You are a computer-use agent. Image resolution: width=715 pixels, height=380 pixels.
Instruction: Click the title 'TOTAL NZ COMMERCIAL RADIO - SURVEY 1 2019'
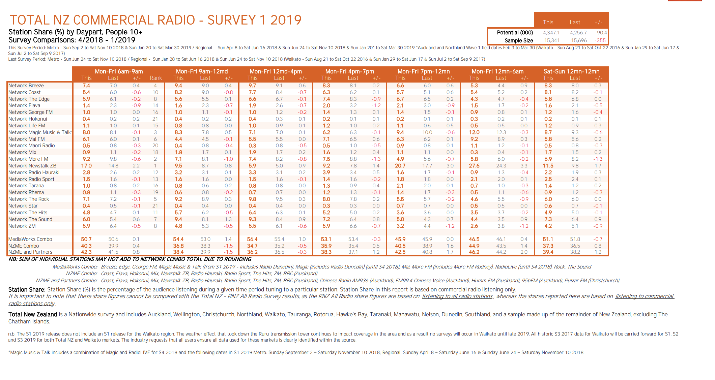pyautogui.click(x=155, y=20)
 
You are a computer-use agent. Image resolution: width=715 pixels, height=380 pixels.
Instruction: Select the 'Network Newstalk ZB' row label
pyautogui.click(x=32, y=166)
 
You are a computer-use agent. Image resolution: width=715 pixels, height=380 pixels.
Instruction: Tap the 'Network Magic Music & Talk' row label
pyautogui.click(x=39, y=132)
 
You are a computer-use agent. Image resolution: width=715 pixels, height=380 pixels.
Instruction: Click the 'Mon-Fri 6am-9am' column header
pyautogui.click(x=119, y=71)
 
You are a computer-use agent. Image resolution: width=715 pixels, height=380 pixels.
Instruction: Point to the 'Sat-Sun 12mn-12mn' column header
pyautogui.click(x=572, y=71)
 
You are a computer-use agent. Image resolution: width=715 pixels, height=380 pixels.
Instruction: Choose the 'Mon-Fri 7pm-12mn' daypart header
pyautogui.click(x=424, y=71)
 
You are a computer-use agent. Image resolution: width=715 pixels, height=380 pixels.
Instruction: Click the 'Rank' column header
pyautogui.click(x=156, y=78)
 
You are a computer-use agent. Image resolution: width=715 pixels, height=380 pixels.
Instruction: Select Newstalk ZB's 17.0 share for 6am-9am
pyautogui.click(x=86, y=166)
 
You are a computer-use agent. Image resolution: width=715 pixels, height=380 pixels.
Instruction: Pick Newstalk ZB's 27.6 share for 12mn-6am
pyautogui.click(x=474, y=166)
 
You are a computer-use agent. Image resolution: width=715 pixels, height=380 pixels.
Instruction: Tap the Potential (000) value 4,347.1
pyautogui.click(x=551, y=33)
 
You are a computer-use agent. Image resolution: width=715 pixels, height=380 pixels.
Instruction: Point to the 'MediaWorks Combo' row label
pyautogui.click(x=30, y=239)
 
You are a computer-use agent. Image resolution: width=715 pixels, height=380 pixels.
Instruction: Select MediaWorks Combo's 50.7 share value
pyautogui.click(x=86, y=239)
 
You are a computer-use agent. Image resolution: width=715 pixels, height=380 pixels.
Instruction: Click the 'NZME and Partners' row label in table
pyautogui.click(x=30, y=252)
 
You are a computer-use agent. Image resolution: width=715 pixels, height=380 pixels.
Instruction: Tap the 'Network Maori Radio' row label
pyautogui.click(x=32, y=146)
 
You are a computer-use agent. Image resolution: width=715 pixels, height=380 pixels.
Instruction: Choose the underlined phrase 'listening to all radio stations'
pyautogui.click(x=457, y=296)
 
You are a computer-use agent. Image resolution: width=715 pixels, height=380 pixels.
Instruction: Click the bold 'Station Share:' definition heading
pyautogui.click(x=27, y=290)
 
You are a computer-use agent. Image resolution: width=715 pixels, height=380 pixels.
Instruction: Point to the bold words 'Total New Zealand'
pyautogui.click(x=33, y=315)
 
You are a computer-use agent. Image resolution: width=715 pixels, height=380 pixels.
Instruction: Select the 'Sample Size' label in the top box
pyautogui.click(x=519, y=40)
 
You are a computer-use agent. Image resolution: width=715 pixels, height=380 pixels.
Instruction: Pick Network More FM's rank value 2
pyautogui.click(x=155, y=159)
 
